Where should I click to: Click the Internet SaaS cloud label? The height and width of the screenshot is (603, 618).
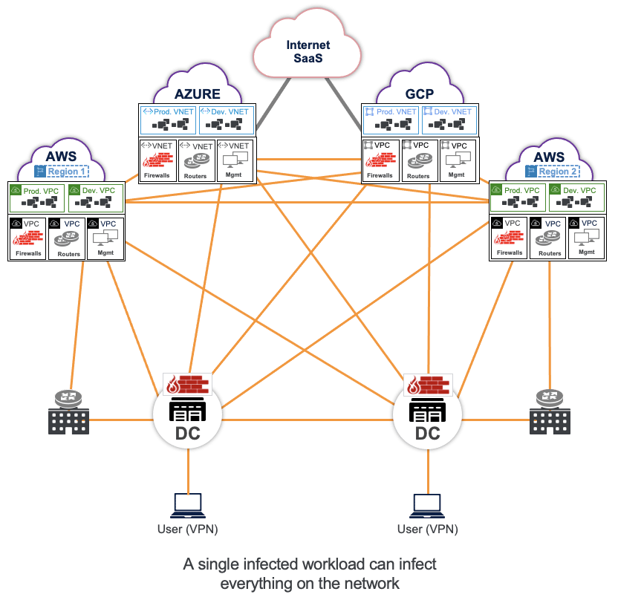(x=308, y=52)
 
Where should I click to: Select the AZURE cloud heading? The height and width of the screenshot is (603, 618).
(x=198, y=94)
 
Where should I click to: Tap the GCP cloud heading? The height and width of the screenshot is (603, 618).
(x=419, y=94)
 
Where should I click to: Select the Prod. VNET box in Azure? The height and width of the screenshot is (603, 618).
(x=168, y=120)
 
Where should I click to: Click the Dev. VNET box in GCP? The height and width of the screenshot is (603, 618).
(x=448, y=120)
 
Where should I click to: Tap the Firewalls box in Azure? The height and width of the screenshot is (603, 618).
(x=157, y=160)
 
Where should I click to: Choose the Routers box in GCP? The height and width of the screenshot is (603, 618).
(x=418, y=160)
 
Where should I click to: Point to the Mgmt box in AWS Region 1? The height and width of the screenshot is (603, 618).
(x=104, y=238)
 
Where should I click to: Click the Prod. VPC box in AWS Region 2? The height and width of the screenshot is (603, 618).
(x=517, y=198)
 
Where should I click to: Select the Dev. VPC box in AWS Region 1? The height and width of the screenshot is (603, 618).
(x=96, y=198)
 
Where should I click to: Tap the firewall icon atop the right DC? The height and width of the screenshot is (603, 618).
(x=429, y=385)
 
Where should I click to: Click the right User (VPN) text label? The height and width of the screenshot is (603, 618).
(x=428, y=529)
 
